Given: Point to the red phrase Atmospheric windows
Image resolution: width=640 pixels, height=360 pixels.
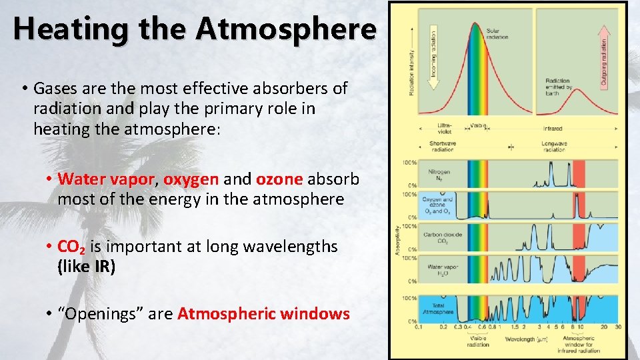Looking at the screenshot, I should [x=263, y=313].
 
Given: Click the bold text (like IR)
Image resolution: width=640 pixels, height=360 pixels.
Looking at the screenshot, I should [x=86, y=267].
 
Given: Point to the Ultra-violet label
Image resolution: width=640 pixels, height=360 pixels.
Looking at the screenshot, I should [x=445, y=127].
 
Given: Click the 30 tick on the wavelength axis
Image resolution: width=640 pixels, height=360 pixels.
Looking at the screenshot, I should [x=618, y=327].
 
